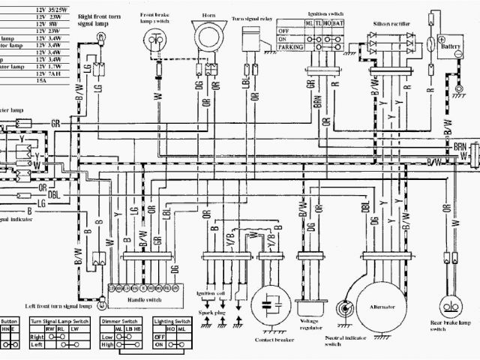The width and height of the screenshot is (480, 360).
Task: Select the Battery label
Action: (451, 45)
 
